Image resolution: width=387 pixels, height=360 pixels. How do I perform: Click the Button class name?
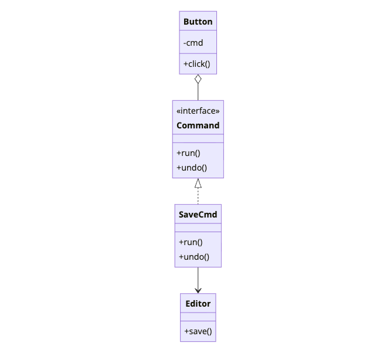click(198, 22)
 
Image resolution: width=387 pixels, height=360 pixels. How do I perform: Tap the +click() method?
click(196, 63)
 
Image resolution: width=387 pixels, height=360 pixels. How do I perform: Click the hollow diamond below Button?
click(198, 79)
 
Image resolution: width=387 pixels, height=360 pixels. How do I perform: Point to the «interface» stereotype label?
click(198, 111)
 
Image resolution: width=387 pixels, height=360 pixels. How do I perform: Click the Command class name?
click(198, 125)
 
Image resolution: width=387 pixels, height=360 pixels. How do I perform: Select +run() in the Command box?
click(188, 153)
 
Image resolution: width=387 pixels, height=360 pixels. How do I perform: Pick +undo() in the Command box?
click(191, 168)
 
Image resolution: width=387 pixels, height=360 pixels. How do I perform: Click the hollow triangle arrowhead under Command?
click(198, 183)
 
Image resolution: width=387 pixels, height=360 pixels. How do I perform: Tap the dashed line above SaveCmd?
click(198, 196)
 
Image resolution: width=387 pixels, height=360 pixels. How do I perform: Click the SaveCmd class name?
click(198, 215)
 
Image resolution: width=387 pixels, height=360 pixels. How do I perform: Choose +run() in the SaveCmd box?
click(191, 242)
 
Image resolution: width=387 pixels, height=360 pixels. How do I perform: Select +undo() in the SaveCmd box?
click(193, 257)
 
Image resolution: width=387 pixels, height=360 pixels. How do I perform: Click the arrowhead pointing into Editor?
click(198, 290)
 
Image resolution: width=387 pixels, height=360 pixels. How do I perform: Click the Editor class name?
click(198, 304)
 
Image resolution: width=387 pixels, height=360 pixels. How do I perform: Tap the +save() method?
click(198, 331)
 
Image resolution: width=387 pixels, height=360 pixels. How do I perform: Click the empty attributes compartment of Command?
click(198, 138)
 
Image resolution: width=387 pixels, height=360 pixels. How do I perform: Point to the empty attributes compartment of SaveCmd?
click(198, 227)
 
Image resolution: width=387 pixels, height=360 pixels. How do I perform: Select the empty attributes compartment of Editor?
click(198, 317)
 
